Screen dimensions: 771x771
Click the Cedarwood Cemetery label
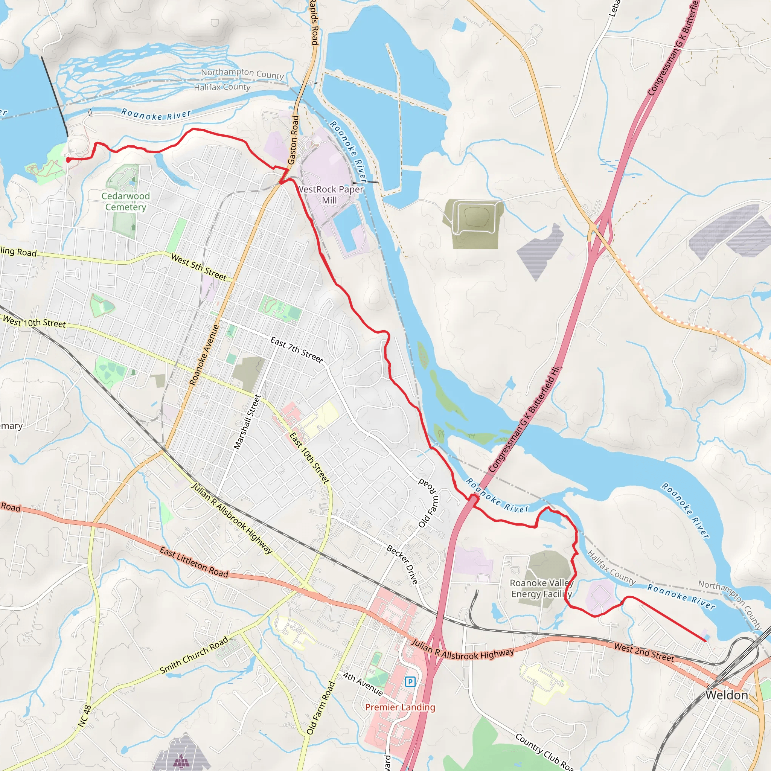click(x=125, y=201)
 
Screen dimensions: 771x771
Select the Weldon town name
click(x=726, y=695)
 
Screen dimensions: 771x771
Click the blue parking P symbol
click(x=410, y=682)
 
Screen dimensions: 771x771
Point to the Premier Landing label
click(x=400, y=707)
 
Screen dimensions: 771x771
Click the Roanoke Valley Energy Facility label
click(x=541, y=589)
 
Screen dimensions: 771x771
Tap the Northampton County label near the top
click(x=242, y=73)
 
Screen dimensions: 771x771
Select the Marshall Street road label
click(x=247, y=422)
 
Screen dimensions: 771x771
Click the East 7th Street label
click(x=297, y=350)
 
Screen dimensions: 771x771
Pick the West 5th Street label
click(x=199, y=267)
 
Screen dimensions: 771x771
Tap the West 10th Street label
click(x=34, y=322)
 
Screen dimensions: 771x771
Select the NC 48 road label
click(x=85, y=716)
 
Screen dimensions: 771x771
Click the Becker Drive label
click(x=402, y=564)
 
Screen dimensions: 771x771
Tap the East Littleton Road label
click(x=194, y=562)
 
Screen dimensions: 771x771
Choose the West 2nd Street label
click(x=644, y=652)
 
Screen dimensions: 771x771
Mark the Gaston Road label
click(x=293, y=140)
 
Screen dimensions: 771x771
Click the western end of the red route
click(x=68, y=160)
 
